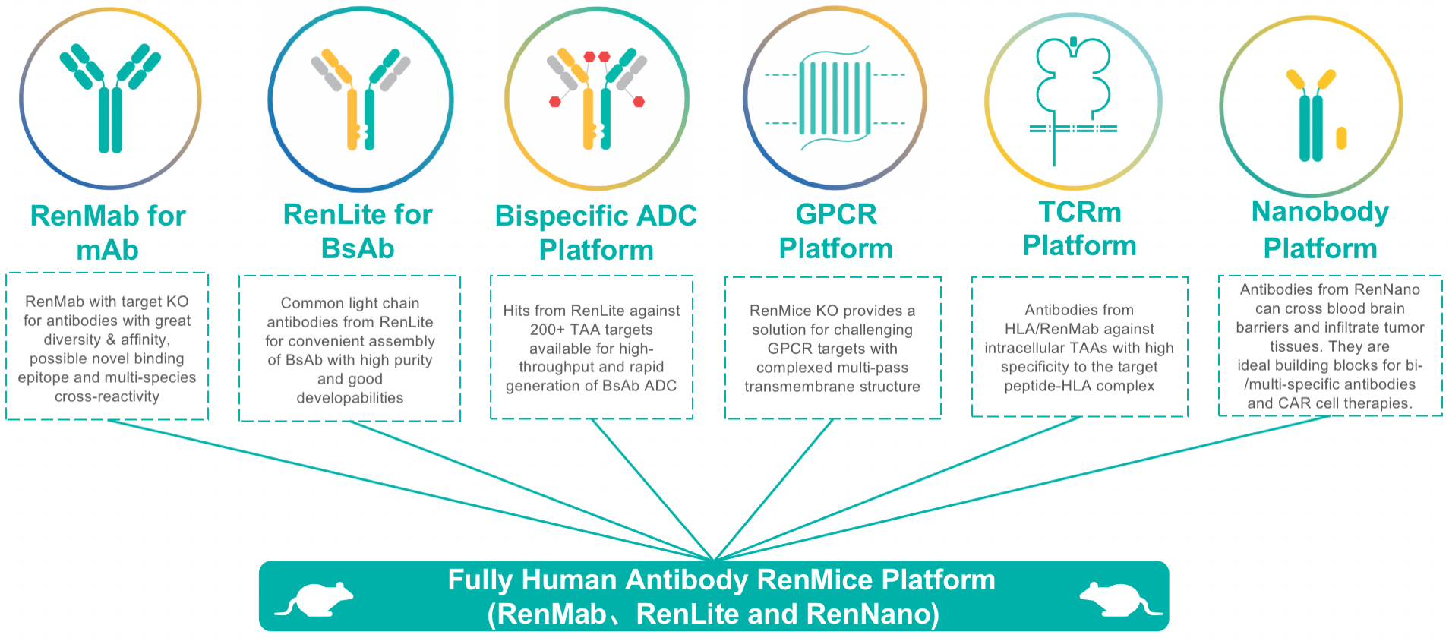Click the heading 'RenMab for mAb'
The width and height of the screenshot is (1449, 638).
coord(108,232)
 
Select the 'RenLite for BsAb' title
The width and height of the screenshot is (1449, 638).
coord(358,231)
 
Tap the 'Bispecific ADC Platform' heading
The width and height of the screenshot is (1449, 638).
coord(595,232)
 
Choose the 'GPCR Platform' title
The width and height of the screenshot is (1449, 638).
coord(835,231)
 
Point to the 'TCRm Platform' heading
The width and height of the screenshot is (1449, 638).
coord(1079,229)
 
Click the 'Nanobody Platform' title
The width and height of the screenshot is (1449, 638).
coord(1320,229)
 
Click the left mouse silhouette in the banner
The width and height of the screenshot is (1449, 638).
coord(314,599)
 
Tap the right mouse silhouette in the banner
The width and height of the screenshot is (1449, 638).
coord(1120,599)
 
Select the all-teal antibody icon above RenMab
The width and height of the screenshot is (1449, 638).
coord(110,97)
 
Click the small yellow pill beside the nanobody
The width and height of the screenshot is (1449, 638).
coord(1341,137)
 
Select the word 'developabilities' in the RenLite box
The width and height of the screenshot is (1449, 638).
coord(349,398)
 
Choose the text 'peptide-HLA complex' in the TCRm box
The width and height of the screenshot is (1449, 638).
coord(1079,386)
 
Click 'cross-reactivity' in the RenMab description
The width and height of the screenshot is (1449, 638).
coord(107,396)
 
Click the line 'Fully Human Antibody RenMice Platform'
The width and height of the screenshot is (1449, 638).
coord(721,580)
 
